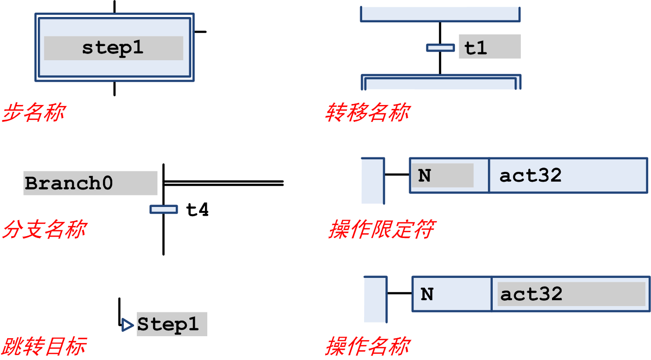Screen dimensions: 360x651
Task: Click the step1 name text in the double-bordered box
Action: pos(113,48)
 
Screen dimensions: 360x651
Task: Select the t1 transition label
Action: pos(476,48)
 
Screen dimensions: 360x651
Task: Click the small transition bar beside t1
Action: pos(440,48)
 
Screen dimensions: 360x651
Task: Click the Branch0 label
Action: pos(69,183)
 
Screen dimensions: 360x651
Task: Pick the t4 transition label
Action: pos(198,209)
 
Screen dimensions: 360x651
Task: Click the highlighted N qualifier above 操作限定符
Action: pos(424,175)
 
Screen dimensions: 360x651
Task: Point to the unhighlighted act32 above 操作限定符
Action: pos(530,175)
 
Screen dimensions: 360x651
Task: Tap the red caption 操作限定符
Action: pos(382,229)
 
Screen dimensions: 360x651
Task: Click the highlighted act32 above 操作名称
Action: pos(531,294)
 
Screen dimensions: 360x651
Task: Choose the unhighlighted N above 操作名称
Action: pos(427,294)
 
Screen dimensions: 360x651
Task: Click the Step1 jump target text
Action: pos(168,324)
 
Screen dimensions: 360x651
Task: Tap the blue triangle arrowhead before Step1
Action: pos(127,325)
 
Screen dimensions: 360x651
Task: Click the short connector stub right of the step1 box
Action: pos(200,32)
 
